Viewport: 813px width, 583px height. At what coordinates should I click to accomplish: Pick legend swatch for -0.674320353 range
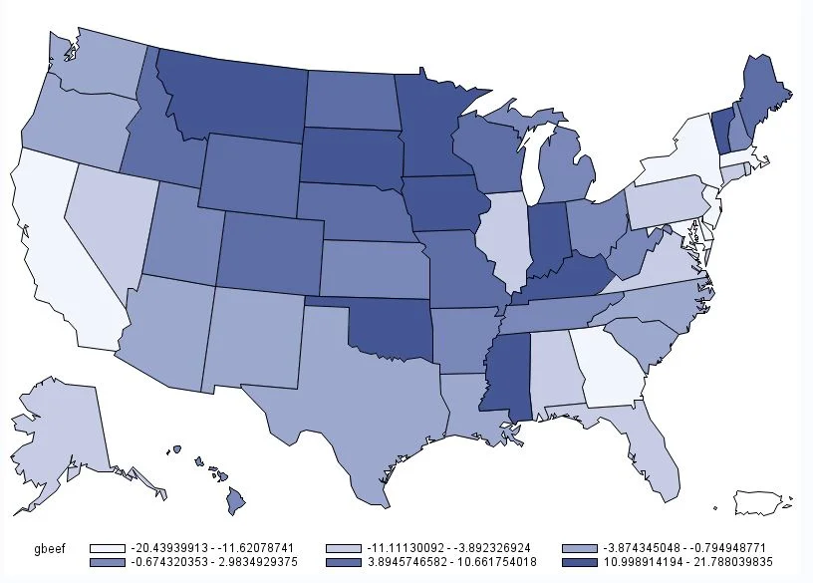pos(111,564)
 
